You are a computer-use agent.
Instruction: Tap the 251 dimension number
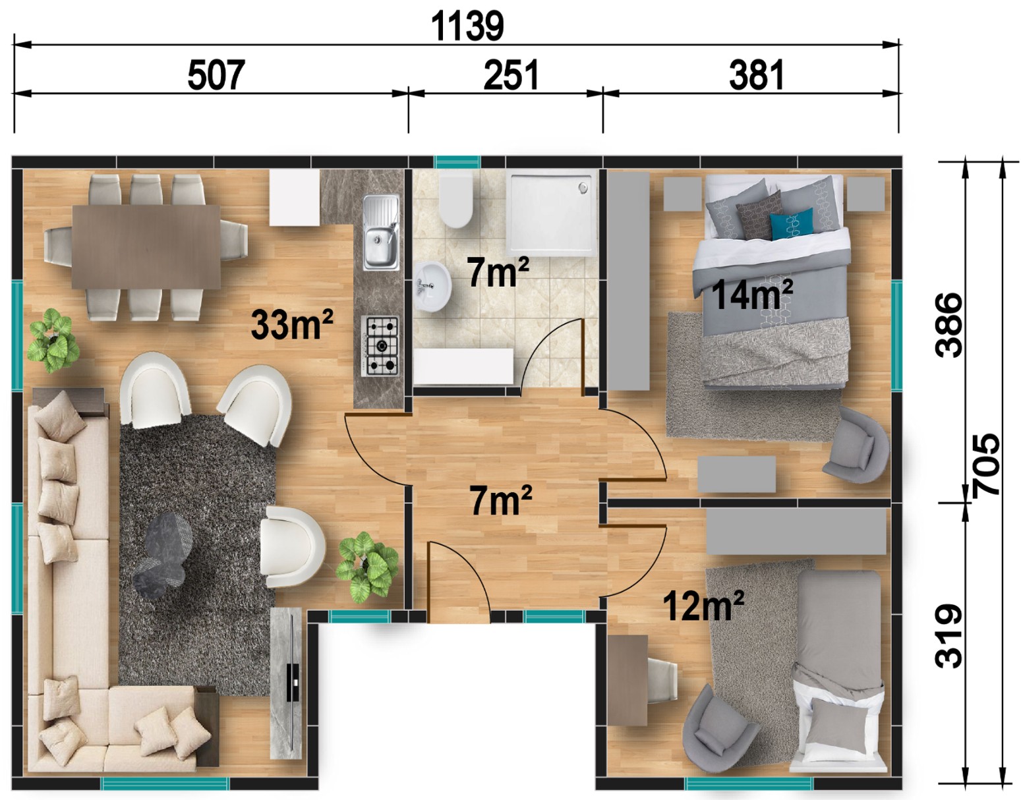[x=511, y=75]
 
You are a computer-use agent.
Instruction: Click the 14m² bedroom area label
[x=752, y=295]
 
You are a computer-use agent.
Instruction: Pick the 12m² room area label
[x=703, y=606]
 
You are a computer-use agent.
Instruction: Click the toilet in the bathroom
[x=455, y=200]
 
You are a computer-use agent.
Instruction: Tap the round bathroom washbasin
[x=433, y=286]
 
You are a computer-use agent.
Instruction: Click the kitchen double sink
[x=381, y=233]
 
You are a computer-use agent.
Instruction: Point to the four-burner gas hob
[x=380, y=346]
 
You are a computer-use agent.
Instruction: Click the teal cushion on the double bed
[x=792, y=224]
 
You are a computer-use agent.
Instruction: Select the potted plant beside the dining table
[x=53, y=340]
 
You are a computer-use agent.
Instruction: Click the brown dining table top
[x=146, y=246]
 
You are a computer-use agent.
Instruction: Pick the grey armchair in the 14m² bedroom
[x=856, y=445]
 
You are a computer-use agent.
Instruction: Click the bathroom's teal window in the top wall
[x=457, y=162]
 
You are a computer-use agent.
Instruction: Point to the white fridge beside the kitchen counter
[x=295, y=198]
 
